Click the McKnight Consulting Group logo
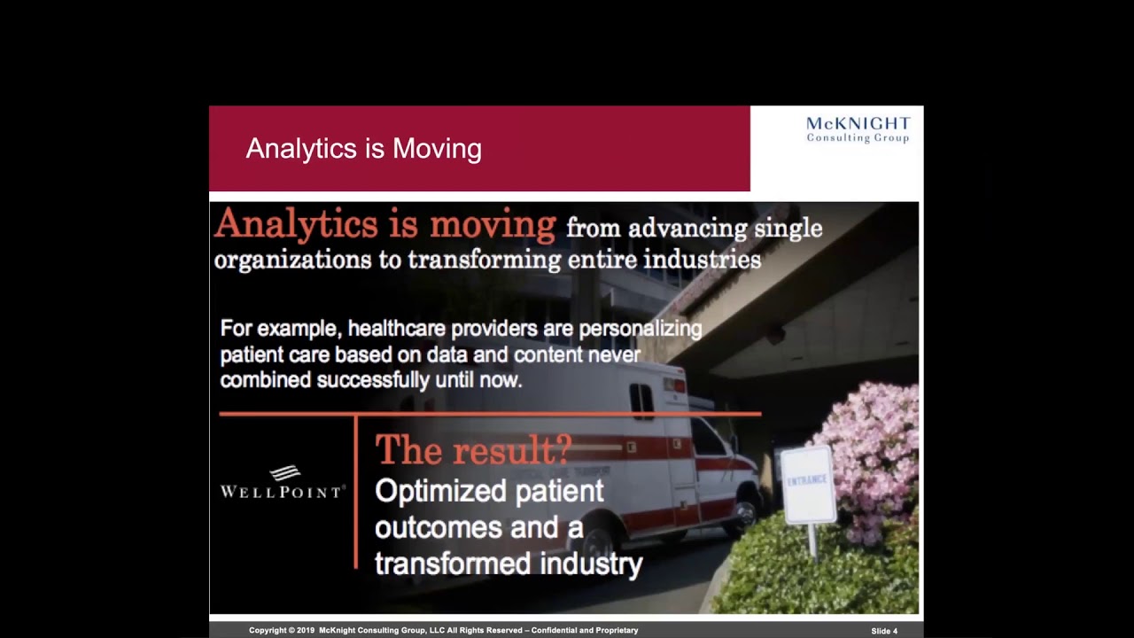point(858,129)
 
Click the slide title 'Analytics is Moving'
point(363,149)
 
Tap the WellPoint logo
point(282,483)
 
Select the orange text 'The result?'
point(473,450)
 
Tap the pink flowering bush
point(873,452)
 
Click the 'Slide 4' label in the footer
point(883,631)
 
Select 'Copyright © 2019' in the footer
point(282,631)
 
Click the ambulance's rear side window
point(641,401)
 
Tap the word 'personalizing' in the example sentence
point(640,329)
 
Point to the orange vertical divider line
point(356,492)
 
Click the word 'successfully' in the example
point(373,380)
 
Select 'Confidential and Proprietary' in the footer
point(585,631)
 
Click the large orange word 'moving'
point(493,225)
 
